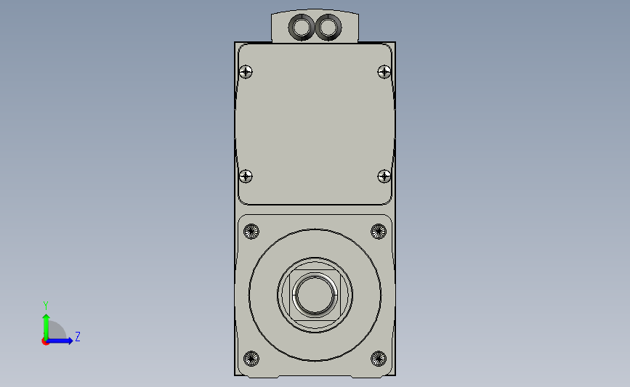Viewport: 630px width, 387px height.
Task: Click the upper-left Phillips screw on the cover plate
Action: [246, 71]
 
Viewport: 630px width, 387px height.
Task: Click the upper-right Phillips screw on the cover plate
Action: [384, 71]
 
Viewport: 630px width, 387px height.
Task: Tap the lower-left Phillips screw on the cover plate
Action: [246, 176]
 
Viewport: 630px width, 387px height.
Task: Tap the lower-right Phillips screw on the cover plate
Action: [384, 176]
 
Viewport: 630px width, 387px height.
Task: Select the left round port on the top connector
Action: [301, 28]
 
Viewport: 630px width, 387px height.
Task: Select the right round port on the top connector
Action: [328, 28]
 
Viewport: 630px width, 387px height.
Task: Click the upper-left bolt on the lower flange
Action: [251, 232]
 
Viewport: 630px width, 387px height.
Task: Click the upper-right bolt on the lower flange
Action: [378, 232]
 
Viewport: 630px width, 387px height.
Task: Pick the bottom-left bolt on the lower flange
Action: [251, 358]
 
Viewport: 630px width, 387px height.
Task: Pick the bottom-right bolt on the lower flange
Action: [378, 358]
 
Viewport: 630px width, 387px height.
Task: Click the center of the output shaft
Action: [315, 294]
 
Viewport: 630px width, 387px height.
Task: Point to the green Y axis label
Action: [45, 305]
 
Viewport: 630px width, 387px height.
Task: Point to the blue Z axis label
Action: [77, 336]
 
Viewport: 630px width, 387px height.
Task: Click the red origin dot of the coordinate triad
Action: [45, 341]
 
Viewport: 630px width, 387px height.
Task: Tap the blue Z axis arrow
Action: [64, 341]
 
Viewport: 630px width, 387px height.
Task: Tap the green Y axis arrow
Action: [45, 322]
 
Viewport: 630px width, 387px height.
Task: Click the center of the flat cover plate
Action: [315, 123]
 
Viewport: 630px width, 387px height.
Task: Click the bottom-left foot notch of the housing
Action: [257, 376]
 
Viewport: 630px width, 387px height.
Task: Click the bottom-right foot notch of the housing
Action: [372, 376]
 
